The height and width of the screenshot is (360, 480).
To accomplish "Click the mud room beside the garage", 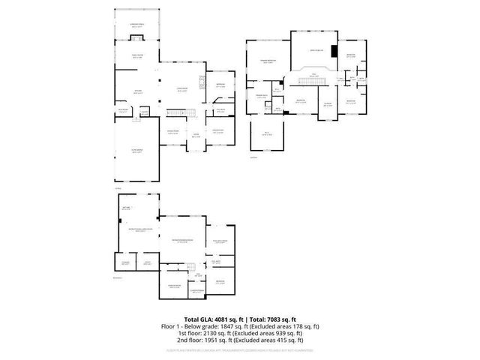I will click(x=122, y=112).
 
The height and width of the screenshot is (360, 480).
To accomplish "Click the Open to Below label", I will click(x=316, y=50).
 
